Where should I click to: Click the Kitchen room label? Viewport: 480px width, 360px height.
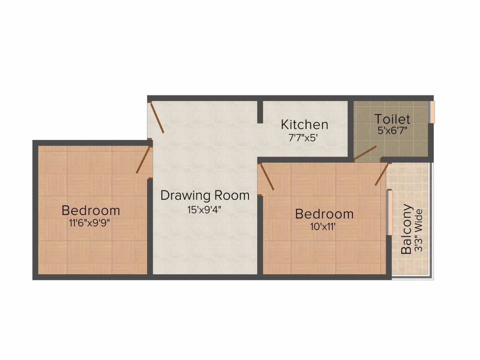tap(304, 125)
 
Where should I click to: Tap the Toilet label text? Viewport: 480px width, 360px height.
tap(392, 119)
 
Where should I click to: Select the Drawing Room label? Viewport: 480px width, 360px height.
tap(205, 195)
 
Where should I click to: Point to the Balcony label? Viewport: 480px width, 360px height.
tap(407, 229)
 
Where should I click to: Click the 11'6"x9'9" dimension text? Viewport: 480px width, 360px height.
tap(90, 223)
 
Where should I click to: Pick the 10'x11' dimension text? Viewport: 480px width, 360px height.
tap(324, 226)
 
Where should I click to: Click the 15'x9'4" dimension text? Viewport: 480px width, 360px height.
tap(204, 209)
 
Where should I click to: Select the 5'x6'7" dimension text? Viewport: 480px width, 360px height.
tap(393, 131)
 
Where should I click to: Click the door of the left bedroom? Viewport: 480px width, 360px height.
tap(143, 160)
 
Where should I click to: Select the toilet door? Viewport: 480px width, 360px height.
tap(365, 152)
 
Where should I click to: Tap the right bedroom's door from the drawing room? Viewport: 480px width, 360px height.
tap(267, 177)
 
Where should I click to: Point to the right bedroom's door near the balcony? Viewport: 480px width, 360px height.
tap(382, 174)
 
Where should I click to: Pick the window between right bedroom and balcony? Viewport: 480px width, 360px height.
tap(389, 212)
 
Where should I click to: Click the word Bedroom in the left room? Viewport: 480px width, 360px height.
tap(90, 210)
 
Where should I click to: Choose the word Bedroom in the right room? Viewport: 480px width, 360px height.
tap(324, 214)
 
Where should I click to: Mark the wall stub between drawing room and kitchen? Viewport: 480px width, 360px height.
tap(260, 112)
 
